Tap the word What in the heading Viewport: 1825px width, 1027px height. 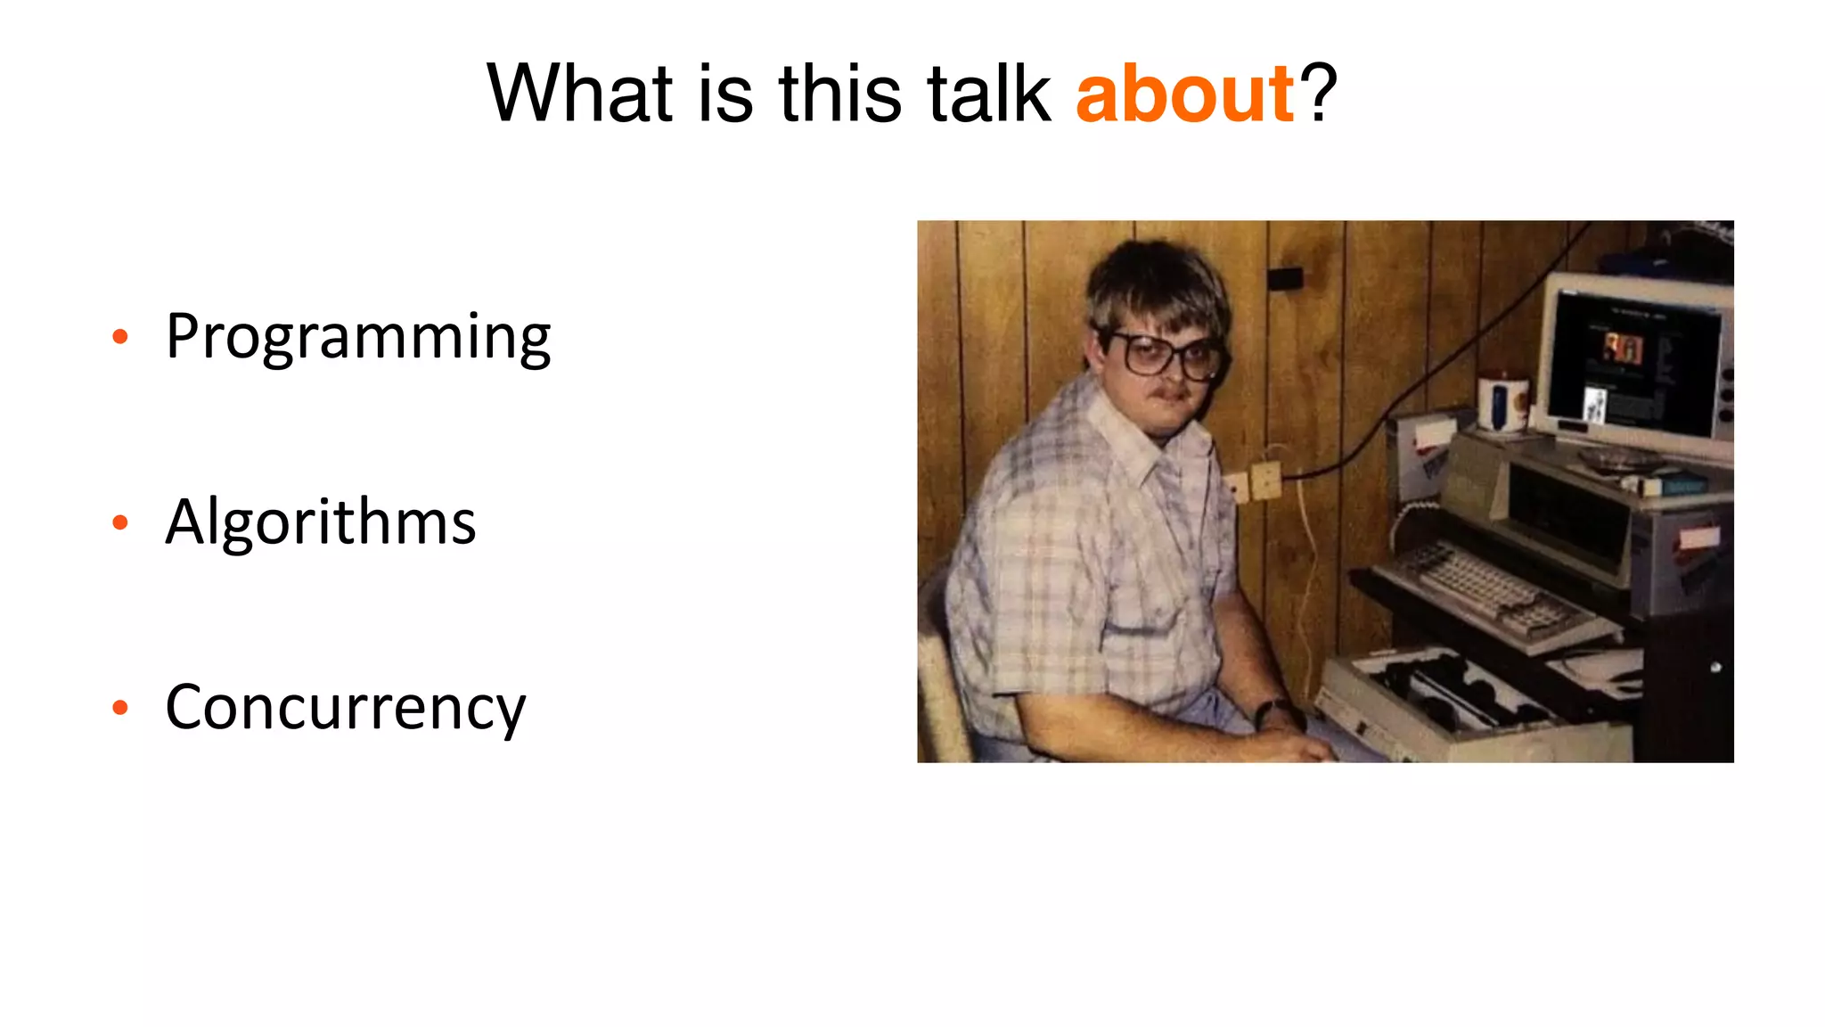pos(579,94)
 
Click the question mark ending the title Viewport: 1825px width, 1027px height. pos(1318,94)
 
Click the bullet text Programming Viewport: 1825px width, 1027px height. pos(358,337)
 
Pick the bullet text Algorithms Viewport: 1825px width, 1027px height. pos(321,522)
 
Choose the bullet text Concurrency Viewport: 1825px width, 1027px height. pos(346,708)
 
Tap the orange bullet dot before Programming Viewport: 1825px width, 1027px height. pos(120,337)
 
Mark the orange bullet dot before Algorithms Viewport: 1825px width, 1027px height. pos(120,522)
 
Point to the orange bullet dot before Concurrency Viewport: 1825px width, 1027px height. pos(120,708)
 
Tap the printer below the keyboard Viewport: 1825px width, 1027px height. pos(1461,704)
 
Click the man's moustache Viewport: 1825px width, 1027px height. pos(1171,392)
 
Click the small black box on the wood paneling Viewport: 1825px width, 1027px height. pos(1284,278)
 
